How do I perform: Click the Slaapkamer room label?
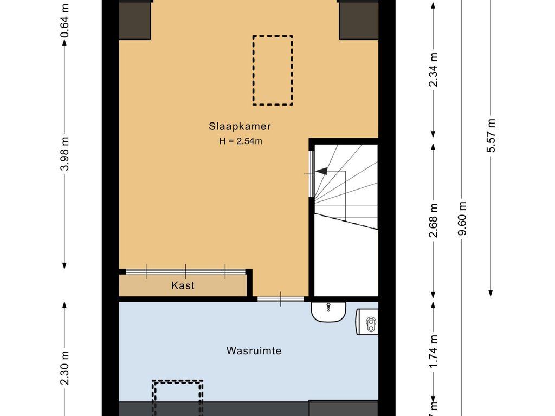(240, 126)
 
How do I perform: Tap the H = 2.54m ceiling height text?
(241, 141)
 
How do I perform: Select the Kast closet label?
(183, 285)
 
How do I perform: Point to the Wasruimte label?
(254, 350)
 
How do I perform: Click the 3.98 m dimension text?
(65, 153)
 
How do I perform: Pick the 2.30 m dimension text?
(65, 368)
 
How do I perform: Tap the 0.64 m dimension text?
(65, 20)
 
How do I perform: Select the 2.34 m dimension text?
(433, 69)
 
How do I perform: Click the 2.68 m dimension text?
(433, 220)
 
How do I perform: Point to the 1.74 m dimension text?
(433, 351)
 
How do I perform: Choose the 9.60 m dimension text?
(462, 218)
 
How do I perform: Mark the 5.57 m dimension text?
(491, 135)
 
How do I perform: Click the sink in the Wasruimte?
(328, 311)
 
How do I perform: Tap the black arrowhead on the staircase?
(321, 172)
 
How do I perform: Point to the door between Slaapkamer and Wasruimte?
(281, 299)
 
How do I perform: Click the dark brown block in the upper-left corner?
(135, 20)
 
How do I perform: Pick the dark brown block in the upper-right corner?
(359, 20)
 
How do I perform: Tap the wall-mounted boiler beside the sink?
(367, 322)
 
